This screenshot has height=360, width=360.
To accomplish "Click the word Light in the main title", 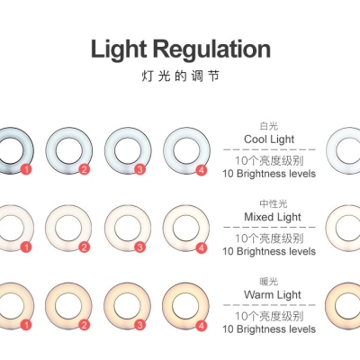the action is click(119, 49).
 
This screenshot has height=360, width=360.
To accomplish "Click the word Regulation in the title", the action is click(212, 49).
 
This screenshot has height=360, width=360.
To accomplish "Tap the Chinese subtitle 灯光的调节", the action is click(180, 76).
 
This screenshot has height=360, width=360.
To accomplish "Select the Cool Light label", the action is click(269, 139).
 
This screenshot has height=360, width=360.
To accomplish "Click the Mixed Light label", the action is click(273, 217).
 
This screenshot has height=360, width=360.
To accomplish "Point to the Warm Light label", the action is click(273, 294).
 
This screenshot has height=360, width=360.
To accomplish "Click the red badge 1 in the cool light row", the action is click(26, 170).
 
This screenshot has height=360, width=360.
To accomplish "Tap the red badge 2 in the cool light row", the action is click(84, 170).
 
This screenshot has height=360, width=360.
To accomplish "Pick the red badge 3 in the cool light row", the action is click(139, 170).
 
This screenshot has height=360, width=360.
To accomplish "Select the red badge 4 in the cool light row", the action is click(202, 170).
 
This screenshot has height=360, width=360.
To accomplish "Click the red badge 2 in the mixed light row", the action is click(84, 247).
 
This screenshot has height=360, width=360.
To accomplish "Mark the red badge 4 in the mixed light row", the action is click(202, 247).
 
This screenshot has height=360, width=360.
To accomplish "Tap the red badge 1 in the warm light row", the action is click(26, 325).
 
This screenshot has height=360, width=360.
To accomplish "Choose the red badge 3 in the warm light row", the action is click(139, 325).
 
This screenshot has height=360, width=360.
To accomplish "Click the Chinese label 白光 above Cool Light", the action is click(269, 126).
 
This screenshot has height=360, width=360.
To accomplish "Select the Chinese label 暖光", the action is click(269, 282).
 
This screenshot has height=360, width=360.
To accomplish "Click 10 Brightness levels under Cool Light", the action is click(269, 174).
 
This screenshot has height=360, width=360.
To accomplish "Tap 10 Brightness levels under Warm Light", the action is click(269, 329).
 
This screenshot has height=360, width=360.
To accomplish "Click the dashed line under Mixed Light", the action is click(269, 227).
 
